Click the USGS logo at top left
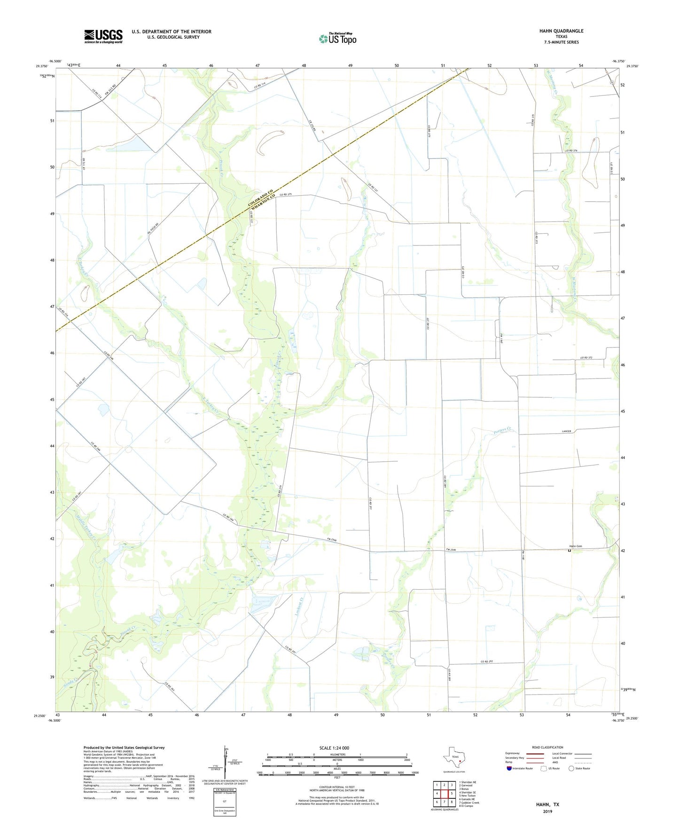click(x=103, y=36)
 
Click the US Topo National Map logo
click(x=337, y=38)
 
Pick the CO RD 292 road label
click(x=486, y=662)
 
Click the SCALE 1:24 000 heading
click(x=334, y=748)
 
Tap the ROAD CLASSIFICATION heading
click(x=547, y=747)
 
